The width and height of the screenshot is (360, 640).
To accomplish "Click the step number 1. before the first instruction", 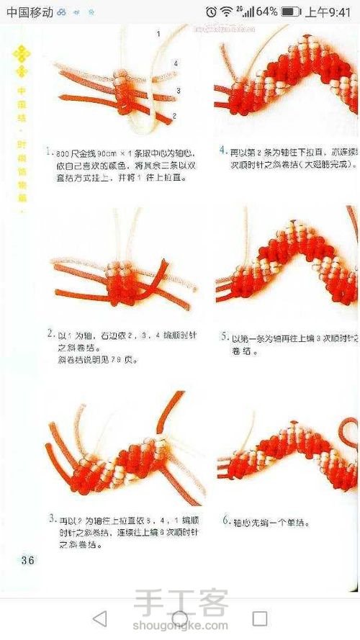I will click(x=48, y=153).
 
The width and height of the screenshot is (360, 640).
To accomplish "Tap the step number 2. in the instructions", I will click(x=51, y=333).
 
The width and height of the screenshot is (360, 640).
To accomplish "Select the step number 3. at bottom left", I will click(x=53, y=518).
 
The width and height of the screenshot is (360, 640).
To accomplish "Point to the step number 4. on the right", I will click(x=223, y=152).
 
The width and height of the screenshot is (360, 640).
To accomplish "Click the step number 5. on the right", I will click(x=224, y=336).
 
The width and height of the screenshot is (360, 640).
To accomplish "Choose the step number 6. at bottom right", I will click(x=225, y=519).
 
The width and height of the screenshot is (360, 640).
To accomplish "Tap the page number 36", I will click(x=28, y=560).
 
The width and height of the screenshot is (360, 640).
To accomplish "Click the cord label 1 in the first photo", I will click(x=158, y=34).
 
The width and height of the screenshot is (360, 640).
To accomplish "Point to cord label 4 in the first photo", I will click(x=175, y=63).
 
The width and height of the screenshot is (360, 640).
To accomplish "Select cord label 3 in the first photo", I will click(x=177, y=91).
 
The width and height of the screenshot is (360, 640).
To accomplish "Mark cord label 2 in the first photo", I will click(x=174, y=115).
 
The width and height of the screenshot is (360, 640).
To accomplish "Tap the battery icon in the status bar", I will click(x=291, y=12).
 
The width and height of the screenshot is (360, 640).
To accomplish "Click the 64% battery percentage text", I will click(x=266, y=12).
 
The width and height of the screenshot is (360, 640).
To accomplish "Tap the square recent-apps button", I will click(x=260, y=618).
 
